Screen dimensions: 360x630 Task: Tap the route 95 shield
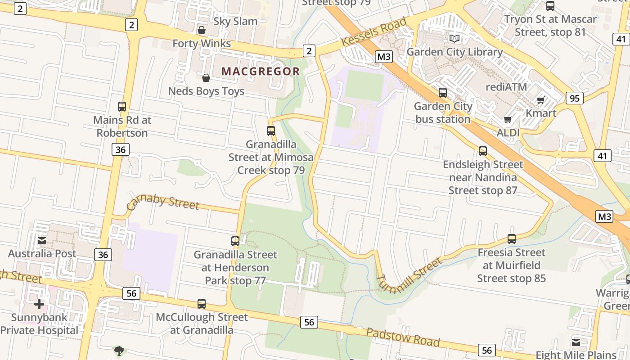(575, 98)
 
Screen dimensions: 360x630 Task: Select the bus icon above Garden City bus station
(443, 93)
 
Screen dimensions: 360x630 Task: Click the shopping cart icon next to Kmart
(540, 100)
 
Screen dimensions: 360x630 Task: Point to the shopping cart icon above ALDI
(508, 119)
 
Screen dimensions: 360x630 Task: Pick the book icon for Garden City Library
(454, 39)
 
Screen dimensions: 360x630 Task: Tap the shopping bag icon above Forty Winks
(202, 30)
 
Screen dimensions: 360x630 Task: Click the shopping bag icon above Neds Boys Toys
(206, 78)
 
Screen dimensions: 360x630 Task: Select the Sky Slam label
(235, 21)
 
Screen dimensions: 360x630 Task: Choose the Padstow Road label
(403, 337)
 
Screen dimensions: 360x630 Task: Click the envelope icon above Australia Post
(42, 241)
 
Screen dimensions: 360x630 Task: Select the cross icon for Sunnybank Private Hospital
(39, 304)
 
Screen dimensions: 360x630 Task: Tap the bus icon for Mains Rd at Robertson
(122, 107)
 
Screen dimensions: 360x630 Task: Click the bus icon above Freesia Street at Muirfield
(512, 239)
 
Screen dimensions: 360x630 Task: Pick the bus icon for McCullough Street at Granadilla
(202, 304)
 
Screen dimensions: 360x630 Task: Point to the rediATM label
(506, 86)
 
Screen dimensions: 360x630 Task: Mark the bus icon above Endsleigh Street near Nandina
(483, 151)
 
